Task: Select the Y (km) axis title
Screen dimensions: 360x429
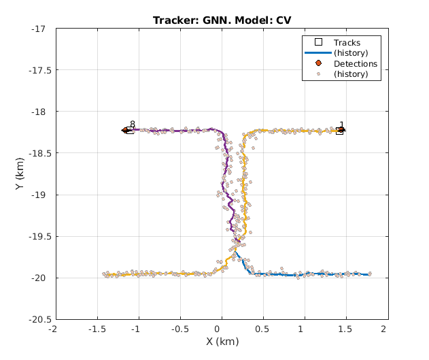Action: pyautogui.click(x=21, y=174)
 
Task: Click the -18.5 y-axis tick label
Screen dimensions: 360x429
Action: pyautogui.click(x=35, y=153)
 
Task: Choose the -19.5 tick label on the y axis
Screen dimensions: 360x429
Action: pyautogui.click(x=35, y=236)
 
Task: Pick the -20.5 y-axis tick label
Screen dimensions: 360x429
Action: pyautogui.click(x=35, y=319)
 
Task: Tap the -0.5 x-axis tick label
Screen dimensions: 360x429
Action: pyautogui.click(x=179, y=329)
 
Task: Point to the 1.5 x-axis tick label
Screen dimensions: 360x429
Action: pyautogui.click(x=345, y=329)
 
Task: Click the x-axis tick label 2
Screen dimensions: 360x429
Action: pyautogui.click(x=384, y=329)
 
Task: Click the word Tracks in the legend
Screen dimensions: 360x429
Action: pyautogui.click(x=347, y=43)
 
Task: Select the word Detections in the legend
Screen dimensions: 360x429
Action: pyautogui.click(x=355, y=64)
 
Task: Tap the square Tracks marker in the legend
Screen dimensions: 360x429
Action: pyautogui.click(x=318, y=43)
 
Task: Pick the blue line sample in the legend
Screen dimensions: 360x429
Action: pyautogui.click(x=318, y=53)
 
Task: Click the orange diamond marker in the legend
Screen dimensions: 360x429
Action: pyautogui.click(x=318, y=64)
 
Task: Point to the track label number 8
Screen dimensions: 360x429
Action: pyautogui.click(x=133, y=125)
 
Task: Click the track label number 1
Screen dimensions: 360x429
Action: pyautogui.click(x=341, y=125)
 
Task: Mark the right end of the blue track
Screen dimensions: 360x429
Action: pyautogui.click(x=368, y=274)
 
